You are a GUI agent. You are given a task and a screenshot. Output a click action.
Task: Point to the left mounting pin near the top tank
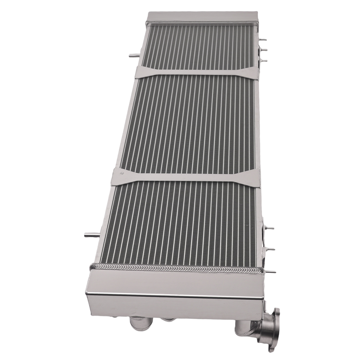tap(134, 56)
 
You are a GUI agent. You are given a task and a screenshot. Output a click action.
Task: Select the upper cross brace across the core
tap(197, 72)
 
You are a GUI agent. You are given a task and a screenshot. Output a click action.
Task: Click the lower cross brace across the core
tap(186, 177)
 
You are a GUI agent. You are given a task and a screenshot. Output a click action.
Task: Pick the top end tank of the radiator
tap(202, 17)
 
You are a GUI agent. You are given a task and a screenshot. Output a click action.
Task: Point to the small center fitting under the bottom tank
tap(168, 320)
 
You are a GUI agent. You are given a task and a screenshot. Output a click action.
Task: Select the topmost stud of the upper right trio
tap(263, 39)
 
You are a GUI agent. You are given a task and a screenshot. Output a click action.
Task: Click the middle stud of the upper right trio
tap(264, 50)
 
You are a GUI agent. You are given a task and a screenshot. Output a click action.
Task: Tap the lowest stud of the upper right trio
tap(264, 60)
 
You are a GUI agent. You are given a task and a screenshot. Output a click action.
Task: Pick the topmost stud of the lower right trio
tap(270, 228)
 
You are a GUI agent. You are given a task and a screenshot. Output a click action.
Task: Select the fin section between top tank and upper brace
tap(198, 45)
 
